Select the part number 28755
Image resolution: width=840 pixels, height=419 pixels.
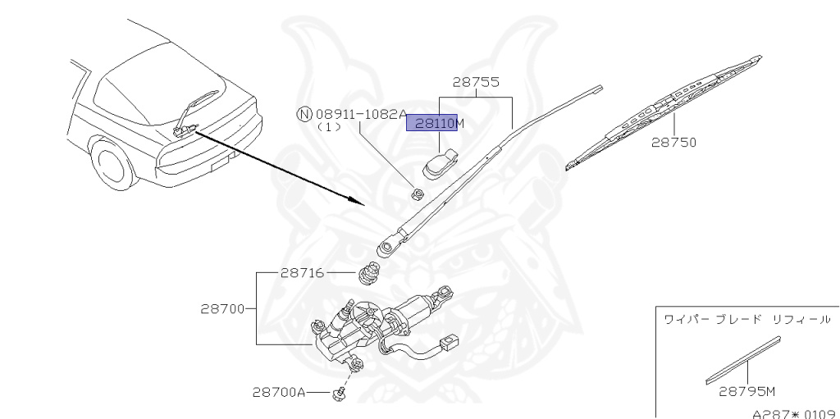click(x=476, y=83)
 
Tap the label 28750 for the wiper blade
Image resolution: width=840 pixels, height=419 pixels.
click(x=673, y=142)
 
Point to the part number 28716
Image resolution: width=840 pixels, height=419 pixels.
click(x=303, y=273)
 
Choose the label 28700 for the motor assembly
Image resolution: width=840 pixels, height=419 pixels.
click(x=222, y=309)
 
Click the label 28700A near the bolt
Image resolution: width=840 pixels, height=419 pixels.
click(x=279, y=393)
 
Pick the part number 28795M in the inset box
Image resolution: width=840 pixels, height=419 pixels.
click(x=747, y=391)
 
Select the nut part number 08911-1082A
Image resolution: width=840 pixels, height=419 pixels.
click(x=361, y=114)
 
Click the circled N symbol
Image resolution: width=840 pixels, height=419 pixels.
click(x=304, y=114)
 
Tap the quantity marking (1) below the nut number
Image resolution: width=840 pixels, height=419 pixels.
click(x=329, y=128)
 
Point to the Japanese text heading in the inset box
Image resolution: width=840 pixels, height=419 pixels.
click(x=746, y=318)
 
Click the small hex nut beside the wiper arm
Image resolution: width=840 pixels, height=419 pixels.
click(x=417, y=194)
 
